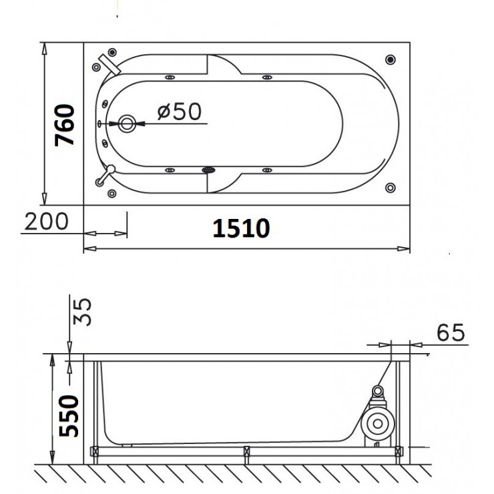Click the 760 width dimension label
coord(65,125)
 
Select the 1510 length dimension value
coord(241,228)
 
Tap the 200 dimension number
coord(46,221)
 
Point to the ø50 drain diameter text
coord(179,111)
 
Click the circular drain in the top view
coord(127,123)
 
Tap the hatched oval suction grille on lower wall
coord(210,170)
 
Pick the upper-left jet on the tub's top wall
coord(170,77)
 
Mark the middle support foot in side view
coord(246,453)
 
